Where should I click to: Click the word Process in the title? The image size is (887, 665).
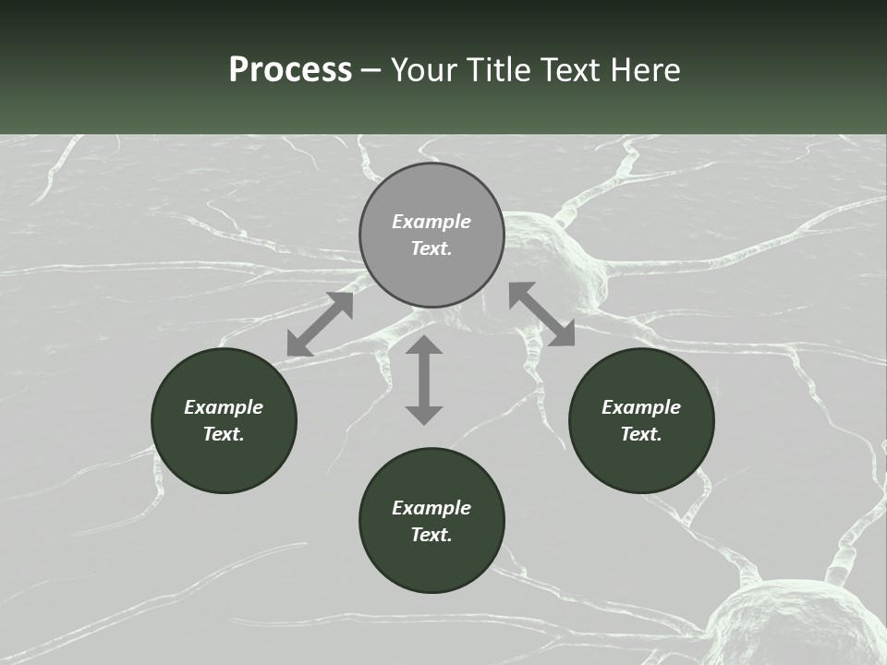click(x=290, y=70)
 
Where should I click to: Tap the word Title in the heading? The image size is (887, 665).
click(x=497, y=70)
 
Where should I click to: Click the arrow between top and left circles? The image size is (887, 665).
click(x=320, y=324)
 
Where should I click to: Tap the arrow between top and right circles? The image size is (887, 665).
click(x=541, y=314)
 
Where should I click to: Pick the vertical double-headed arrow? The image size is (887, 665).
click(x=424, y=380)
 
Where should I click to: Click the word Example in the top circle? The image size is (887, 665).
click(x=431, y=222)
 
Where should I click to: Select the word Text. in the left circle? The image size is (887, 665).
click(x=224, y=434)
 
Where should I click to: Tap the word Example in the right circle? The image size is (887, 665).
click(x=641, y=407)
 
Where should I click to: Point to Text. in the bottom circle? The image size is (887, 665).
click(x=431, y=535)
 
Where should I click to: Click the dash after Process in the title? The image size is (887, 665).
click(x=371, y=71)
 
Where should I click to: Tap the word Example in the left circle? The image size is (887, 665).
click(x=224, y=407)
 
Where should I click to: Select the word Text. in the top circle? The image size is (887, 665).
click(x=431, y=248)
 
